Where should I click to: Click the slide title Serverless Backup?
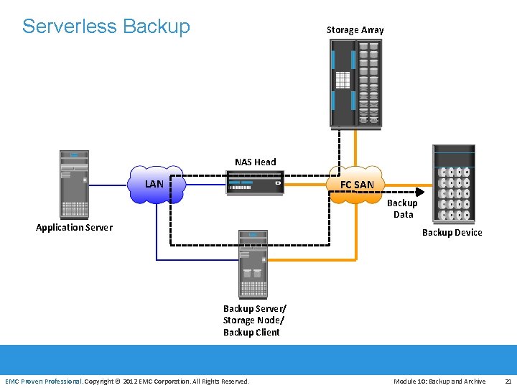pyautogui.click(x=106, y=27)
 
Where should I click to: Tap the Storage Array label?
pyautogui.click(x=355, y=30)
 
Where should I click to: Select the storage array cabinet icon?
pyautogui.click(x=356, y=84)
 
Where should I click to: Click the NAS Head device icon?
pyautogui.click(x=255, y=183)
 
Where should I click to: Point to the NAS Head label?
pyautogui.click(x=256, y=162)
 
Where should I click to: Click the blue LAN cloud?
pyautogui.click(x=156, y=185)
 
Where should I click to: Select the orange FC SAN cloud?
pyautogui.click(x=356, y=185)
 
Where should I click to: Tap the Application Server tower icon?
pyautogui.click(x=74, y=185)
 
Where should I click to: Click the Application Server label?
pyautogui.click(x=74, y=228)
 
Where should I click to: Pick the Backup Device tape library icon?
pyautogui.click(x=454, y=184)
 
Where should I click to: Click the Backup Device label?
pyautogui.click(x=452, y=233)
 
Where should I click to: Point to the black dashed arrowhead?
pyautogui.click(x=420, y=192)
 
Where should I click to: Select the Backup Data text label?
pyautogui.click(x=403, y=209)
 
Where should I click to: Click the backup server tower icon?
pyautogui.click(x=253, y=264)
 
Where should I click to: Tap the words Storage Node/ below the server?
pyautogui.click(x=253, y=320)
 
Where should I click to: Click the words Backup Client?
pyautogui.click(x=251, y=332)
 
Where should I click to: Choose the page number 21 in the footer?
pyautogui.click(x=508, y=382)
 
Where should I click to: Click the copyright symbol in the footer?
pyautogui.click(x=118, y=382)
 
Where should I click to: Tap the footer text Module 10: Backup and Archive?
pyautogui.click(x=439, y=382)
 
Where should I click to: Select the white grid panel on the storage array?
pyautogui.click(x=343, y=80)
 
